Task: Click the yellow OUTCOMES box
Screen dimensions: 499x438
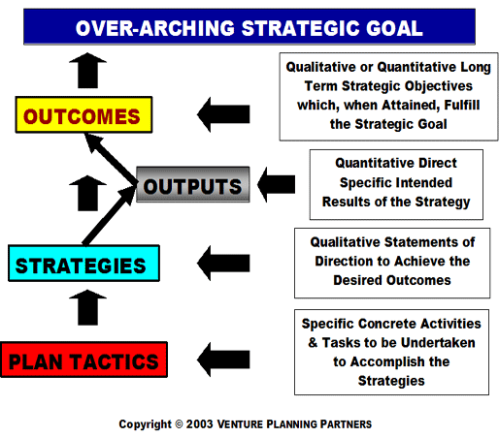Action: (x=83, y=114)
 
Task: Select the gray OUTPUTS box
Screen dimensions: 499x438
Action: (x=193, y=184)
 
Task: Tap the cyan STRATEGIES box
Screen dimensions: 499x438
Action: (x=83, y=264)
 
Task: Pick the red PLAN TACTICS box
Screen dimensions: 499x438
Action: (x=84, y=360)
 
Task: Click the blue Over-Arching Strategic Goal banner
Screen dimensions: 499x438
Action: (x=249, y=27)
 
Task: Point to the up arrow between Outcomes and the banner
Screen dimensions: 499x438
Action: (x=87, y=71)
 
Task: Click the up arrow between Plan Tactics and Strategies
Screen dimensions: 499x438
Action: (x=87, y=307)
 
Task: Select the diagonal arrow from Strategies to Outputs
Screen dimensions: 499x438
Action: (x=109, y=215)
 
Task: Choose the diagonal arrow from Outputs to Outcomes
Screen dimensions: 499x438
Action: (x=110, y=158)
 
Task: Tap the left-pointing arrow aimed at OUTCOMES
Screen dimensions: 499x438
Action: (x=223, y=114)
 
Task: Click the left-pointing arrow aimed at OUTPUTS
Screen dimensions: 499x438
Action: (x=276, y=184)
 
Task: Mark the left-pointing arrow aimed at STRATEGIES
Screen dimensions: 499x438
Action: (x=223, y=263)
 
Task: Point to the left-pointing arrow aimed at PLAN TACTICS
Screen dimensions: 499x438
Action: (x=223, y=360)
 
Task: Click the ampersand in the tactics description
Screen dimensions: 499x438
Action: (x=313, y=342)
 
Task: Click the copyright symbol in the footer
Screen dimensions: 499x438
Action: (x=179, y=424)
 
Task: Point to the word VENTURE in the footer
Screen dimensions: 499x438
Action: (x=240, y=424)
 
